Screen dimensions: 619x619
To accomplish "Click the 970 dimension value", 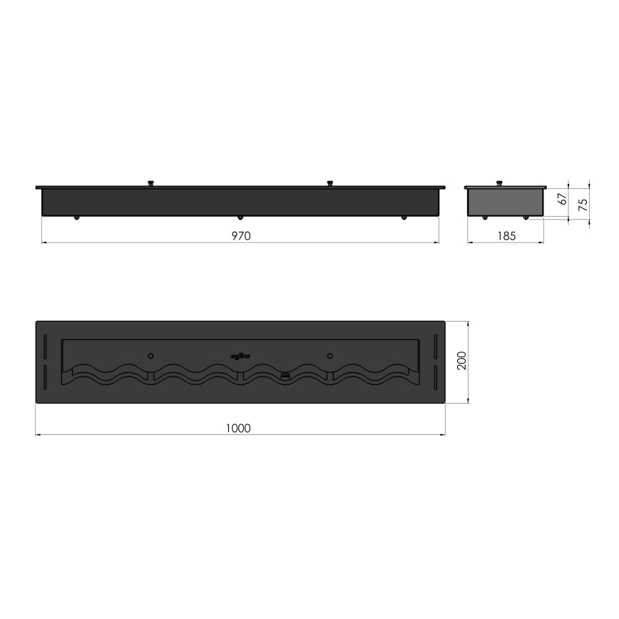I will tap(241, 235).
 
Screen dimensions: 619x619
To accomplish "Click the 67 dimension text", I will tap(562, 200).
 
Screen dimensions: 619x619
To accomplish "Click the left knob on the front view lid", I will tap(150, 184).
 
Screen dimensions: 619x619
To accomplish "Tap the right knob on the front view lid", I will tap(329, 184).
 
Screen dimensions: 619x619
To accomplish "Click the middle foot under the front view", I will tap(240, 218).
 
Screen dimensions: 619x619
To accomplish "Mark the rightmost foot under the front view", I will tap(404, 218).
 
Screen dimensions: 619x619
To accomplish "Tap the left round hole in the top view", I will tap(150, 354).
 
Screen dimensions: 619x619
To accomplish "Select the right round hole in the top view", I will tap(329, 354).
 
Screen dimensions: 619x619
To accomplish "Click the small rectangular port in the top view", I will tap(285, 375).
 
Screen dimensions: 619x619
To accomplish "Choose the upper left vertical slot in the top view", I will tap(45, 349).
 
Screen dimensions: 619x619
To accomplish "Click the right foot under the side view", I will tap(526, 218).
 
